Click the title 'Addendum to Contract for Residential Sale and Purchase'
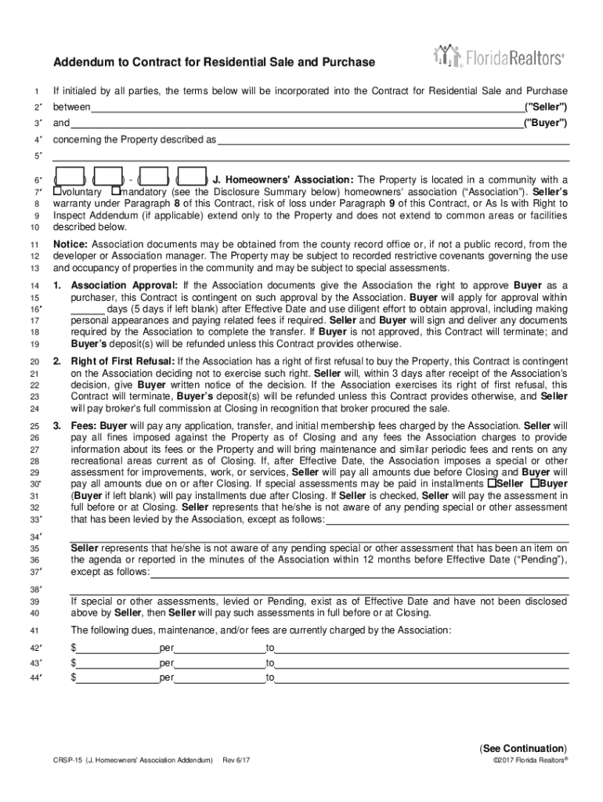[x=214, y=63]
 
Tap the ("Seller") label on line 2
[x=546, y=107]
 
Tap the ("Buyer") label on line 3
[x=547, y=123]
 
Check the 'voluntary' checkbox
[x=56, y=191]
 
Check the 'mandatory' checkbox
[x=116, y=191]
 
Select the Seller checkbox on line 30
[x=491, y=484]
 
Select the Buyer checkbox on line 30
[x=534, y=484]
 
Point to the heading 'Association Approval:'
[x=125, y=286]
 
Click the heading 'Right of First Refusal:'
[x=123, y=362]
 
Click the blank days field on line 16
[x=87, y=309]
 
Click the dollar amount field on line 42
[x=117, y=648]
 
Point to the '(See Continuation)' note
[x=524, y=748]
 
